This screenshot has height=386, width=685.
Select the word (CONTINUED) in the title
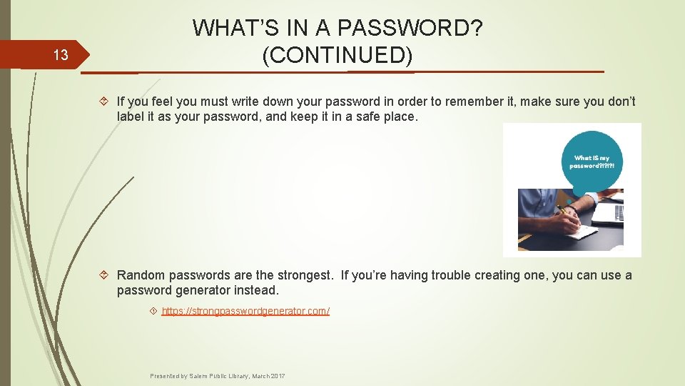tap(338, 55)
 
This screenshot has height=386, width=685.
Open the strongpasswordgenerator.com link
tap(245, 311)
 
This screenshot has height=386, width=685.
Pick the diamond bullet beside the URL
tap(153, 312)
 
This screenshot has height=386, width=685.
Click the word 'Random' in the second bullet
tap(141, 276)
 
